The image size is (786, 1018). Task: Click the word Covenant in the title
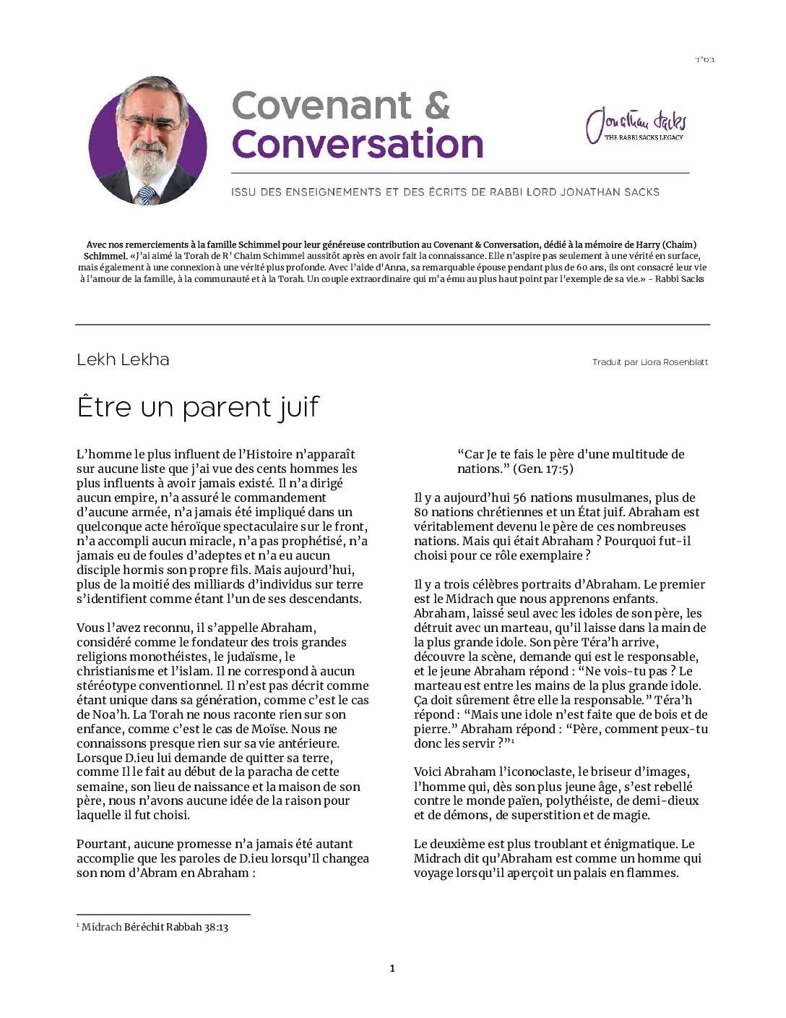pyautogui.click(x=321, y=106)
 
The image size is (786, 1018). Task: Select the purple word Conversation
pyautogui.click(x=357, y=144)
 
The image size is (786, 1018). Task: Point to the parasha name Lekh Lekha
pyautogui.click(x=123, y=359)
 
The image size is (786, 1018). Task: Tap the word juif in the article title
pyautogui.click(x=298, y=407)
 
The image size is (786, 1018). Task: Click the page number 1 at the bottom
pyautogui.click(x=392, y=968)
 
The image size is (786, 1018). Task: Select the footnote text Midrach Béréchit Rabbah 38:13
pyautogui.click(x=155, y=927)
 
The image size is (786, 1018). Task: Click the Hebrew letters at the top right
pyautogui.click(x=704, y=59)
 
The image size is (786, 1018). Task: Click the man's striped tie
pyautogui.click(x=147, y=193)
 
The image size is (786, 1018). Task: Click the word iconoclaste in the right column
pyautogui.click(x=535, y=771)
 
